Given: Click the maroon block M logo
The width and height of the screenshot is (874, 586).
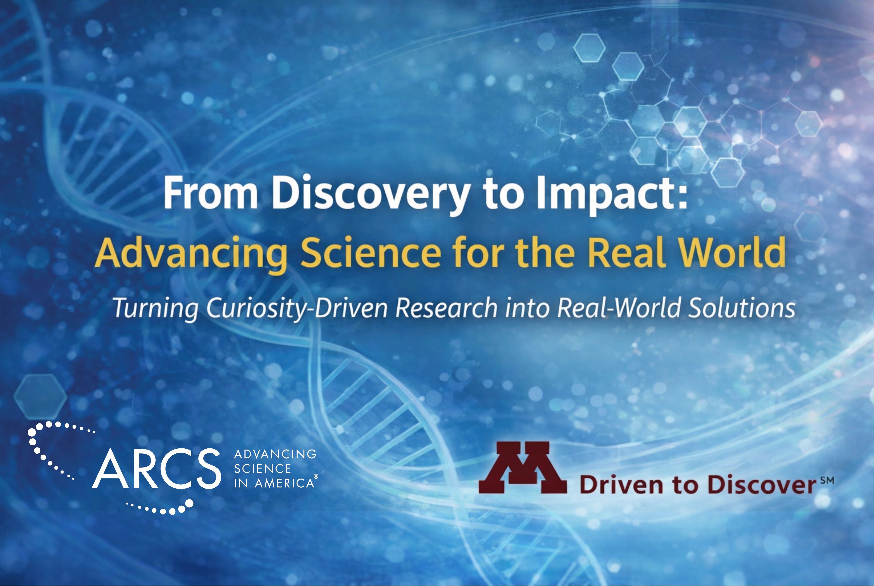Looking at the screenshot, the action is [x=523, y=468].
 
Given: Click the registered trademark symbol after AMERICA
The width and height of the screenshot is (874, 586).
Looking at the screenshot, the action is [x=316, y=477].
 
